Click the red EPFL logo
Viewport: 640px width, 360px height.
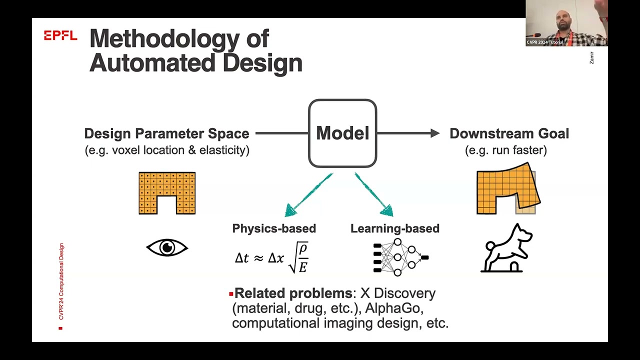tap(60, 35)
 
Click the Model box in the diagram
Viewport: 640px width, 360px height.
tap(342, 133)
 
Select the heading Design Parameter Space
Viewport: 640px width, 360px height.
tap(166, 133)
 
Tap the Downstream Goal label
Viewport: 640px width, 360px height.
tap(509, 133)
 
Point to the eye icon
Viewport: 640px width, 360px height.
tap(167, 247)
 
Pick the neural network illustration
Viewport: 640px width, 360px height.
tap(400, 257)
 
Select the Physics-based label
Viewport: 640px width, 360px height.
tap(274, 228)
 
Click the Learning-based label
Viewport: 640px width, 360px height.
tap(395, 228)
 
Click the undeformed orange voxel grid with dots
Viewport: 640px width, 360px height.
tap(167, 193)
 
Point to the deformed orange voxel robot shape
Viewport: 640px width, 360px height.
tap(508, 190)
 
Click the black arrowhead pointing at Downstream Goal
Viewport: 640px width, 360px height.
tap(434, 133)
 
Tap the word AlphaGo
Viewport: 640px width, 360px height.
tap(394, 308)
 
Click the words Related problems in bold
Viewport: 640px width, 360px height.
tap(293, 293)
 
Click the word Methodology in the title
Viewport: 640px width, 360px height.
tap(179, 39)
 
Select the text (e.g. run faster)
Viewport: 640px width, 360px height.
tap(506, 150)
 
